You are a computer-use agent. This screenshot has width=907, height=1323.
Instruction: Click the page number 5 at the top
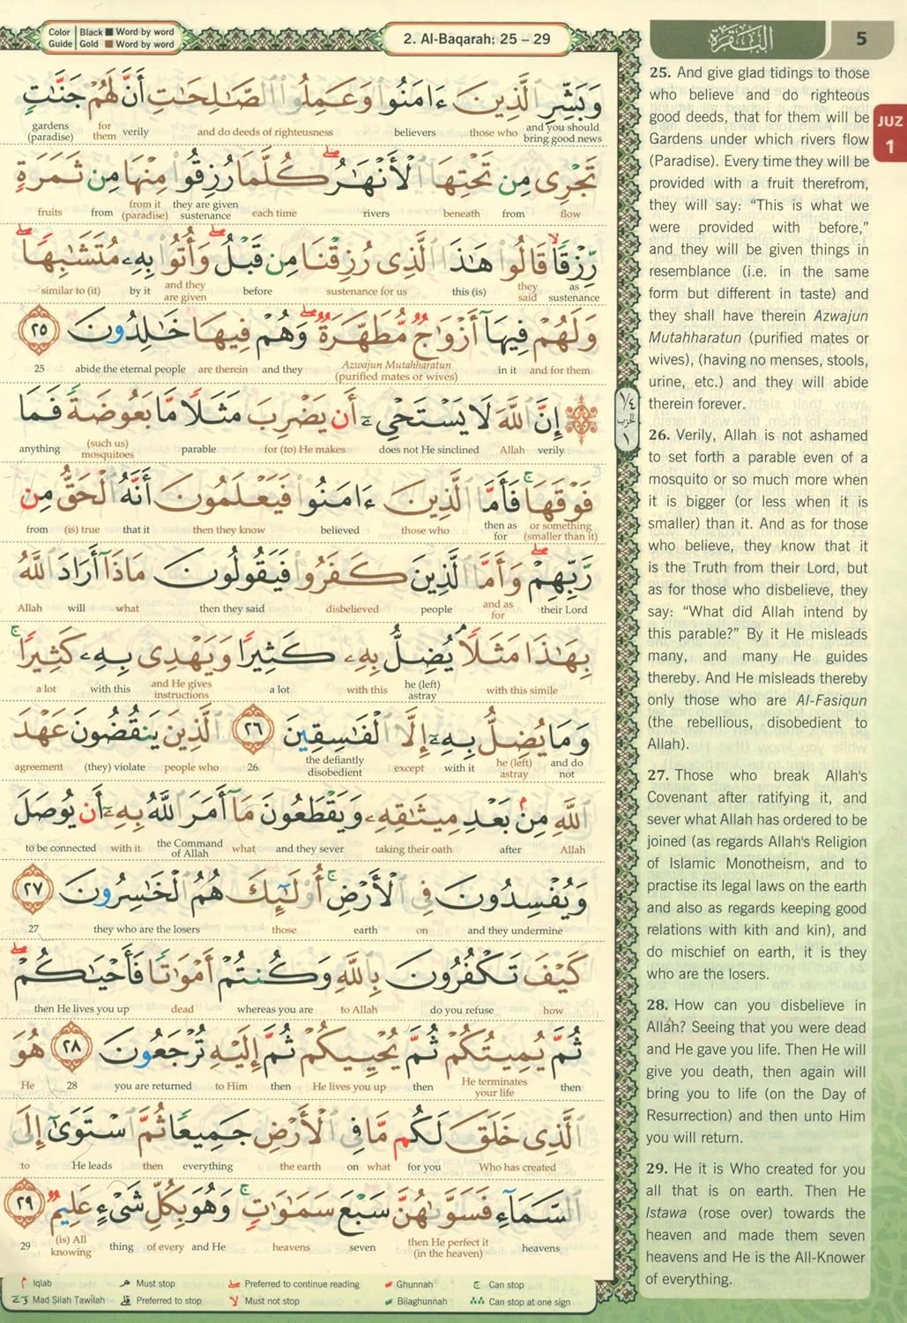point(861,39)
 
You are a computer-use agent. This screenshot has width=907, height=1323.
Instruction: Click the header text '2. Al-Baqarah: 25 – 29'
point(476,38)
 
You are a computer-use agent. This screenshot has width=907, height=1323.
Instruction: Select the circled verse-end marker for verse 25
point(39,333)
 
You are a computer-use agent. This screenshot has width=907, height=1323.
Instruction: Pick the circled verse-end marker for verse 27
point(34,890)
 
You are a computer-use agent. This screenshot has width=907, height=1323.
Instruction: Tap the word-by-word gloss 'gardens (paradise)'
point(49,131)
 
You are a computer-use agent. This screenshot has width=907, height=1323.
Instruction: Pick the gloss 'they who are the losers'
point(146,929)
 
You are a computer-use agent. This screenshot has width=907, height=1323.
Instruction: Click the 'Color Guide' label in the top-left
point(59,38)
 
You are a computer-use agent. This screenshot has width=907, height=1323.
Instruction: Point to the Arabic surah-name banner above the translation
point(739,40)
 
